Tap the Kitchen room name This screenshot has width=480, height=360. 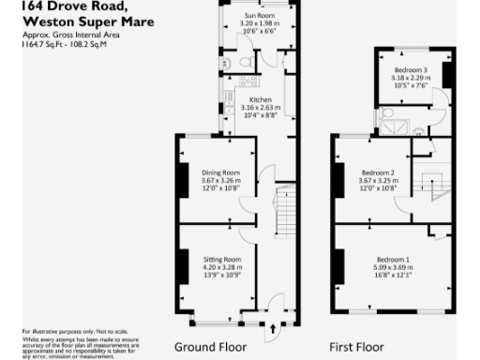pos(261,99)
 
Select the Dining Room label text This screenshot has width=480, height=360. pos(221,172)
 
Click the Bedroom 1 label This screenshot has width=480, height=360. pos(393,259)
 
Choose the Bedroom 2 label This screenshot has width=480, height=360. pos(377,172)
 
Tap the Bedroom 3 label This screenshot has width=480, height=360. pos(411,70)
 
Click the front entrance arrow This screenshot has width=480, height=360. pos(273,329)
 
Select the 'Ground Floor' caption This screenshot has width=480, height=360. pos(213,346)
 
